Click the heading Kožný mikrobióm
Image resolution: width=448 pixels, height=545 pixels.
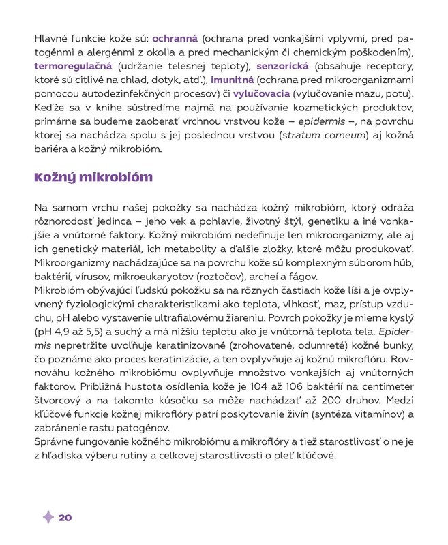click(93, 178)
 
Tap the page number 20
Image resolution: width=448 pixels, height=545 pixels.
click(65, 518)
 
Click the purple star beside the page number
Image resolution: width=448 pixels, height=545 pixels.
click(48, 518)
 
